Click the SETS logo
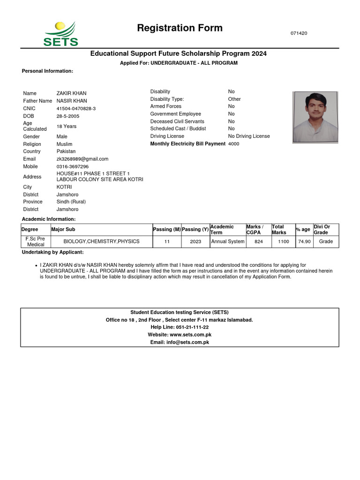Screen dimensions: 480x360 coord(60,34)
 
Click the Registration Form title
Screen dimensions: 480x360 coord(180,28)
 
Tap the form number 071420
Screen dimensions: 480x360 coord(299,33)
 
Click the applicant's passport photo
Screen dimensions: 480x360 coord(315,117)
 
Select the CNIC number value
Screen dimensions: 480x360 coord(76,108)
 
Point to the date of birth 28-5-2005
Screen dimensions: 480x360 coord(68,116)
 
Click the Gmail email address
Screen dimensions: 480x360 coord(82,159)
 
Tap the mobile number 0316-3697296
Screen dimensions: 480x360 coord(73,166)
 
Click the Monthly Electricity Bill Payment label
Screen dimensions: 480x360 coord(187,144)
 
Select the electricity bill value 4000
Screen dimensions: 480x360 coord(233,144)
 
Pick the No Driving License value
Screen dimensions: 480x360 coord(249,136)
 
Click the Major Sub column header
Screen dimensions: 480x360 coord(63,230)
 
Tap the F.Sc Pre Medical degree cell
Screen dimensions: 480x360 coord(36,241)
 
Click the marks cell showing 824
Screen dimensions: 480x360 coord(258,242)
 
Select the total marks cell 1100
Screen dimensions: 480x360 coord(283,242)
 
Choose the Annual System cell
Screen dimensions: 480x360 coord(228,242)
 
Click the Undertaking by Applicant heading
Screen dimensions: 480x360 coord(53,253)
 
